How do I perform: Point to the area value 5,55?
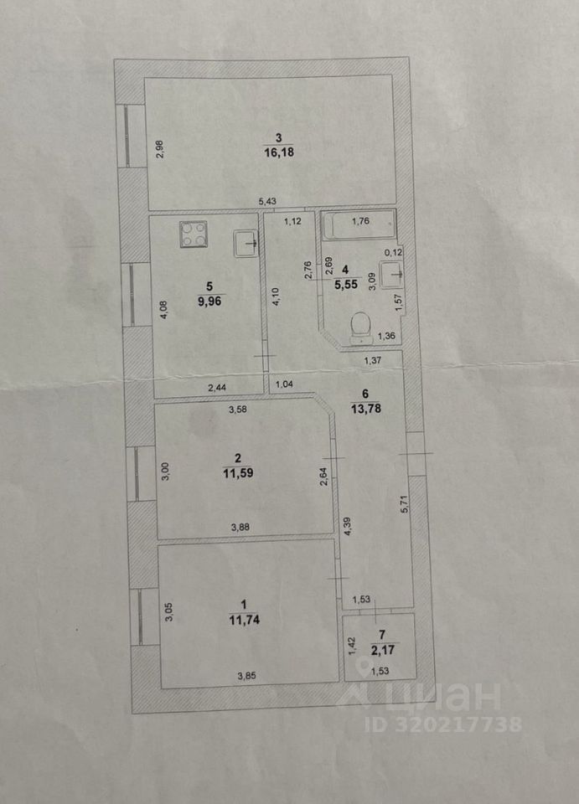coord(344,284)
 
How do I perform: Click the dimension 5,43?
coord(267,201)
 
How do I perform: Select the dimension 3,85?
coord(246,677)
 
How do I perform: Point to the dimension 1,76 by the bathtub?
coord(360,222)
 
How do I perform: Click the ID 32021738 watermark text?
coord(445,724)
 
